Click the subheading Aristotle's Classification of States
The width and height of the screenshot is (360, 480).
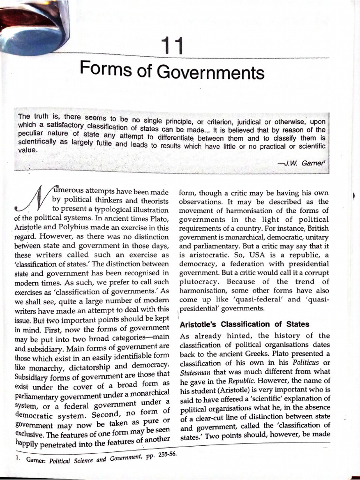244,324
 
